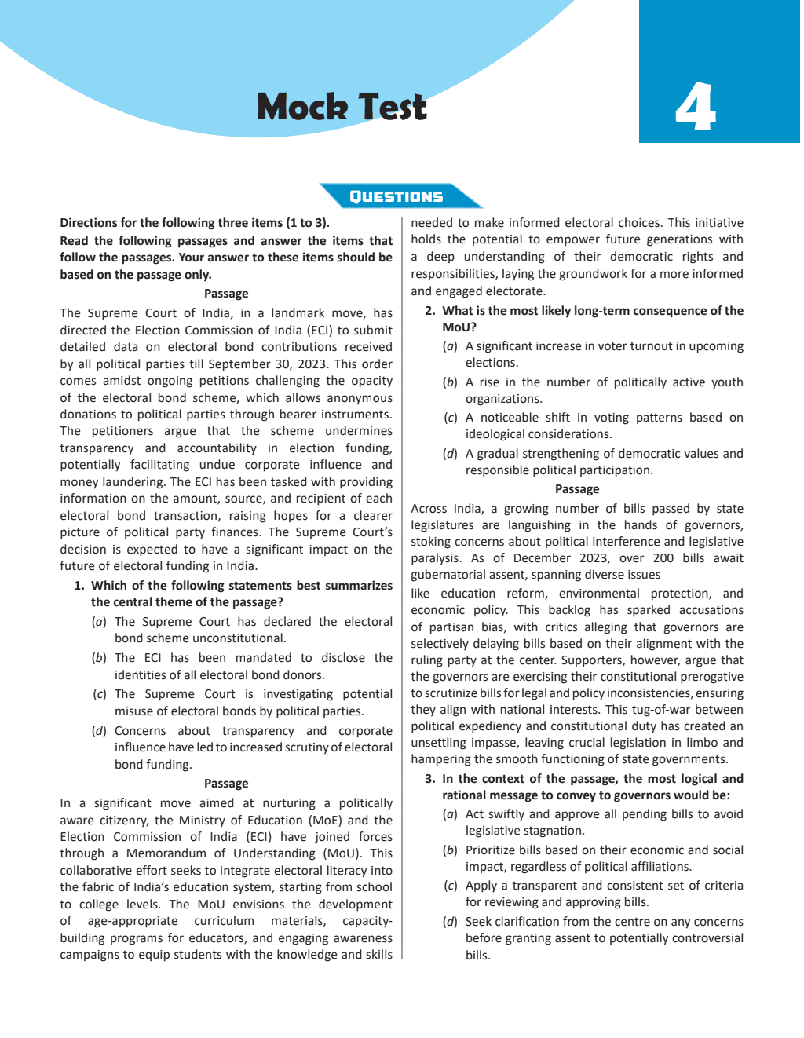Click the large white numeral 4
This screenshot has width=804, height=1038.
(x=695, y=107)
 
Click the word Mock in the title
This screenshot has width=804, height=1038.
(x=301, y=107)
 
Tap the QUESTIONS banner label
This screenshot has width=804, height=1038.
(x=396, y=196)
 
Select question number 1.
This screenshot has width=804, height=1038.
(x=79, y=586)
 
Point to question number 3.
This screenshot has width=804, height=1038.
(x=430, y=779)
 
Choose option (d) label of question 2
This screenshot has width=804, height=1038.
(x=450, y=454)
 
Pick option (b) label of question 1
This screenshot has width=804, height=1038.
(x=99, y=658)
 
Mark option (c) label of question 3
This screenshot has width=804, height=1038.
(x=450, y=886)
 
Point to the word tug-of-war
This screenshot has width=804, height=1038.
(x=665, y=710)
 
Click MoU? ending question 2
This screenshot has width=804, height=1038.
(x=459, y=327)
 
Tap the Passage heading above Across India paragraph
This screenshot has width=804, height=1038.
(x=576, y=489)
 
